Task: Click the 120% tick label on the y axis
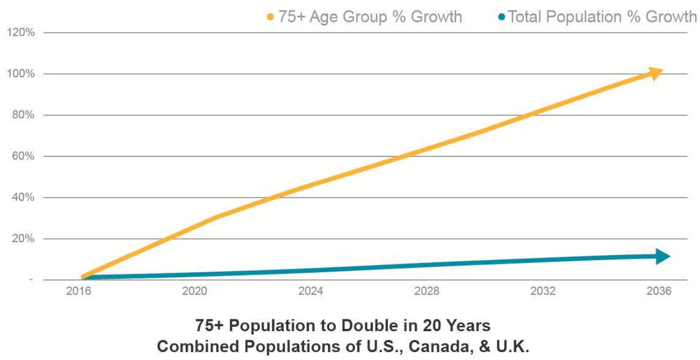(x=21, y=33)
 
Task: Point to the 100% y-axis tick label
(x=21, y=74)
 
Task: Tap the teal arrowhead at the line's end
(x=663, y=256)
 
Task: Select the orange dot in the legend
(x=270, y=17)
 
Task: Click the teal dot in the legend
(x=502, y=17)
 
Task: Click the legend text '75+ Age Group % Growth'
(x=370, y=17)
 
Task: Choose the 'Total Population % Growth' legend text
(x=603, y=17)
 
